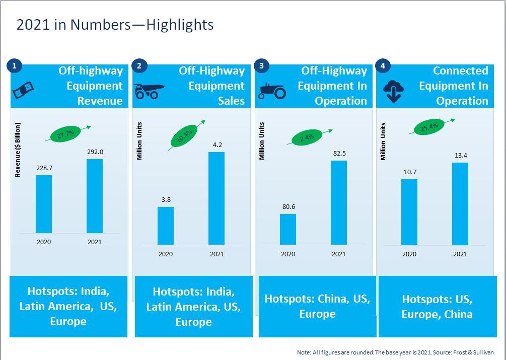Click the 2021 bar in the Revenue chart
94,196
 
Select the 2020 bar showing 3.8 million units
165,226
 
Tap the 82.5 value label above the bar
338,153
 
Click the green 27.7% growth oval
66,134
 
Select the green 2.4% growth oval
307,137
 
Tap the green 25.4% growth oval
428,126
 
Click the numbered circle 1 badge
15,65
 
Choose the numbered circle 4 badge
383,65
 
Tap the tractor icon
272,91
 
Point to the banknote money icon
24,91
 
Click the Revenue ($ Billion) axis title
18,150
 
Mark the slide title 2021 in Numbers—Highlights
115,25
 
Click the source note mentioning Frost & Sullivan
395,352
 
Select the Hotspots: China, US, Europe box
317,306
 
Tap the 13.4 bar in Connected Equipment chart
460,203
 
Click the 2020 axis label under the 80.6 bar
287,254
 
